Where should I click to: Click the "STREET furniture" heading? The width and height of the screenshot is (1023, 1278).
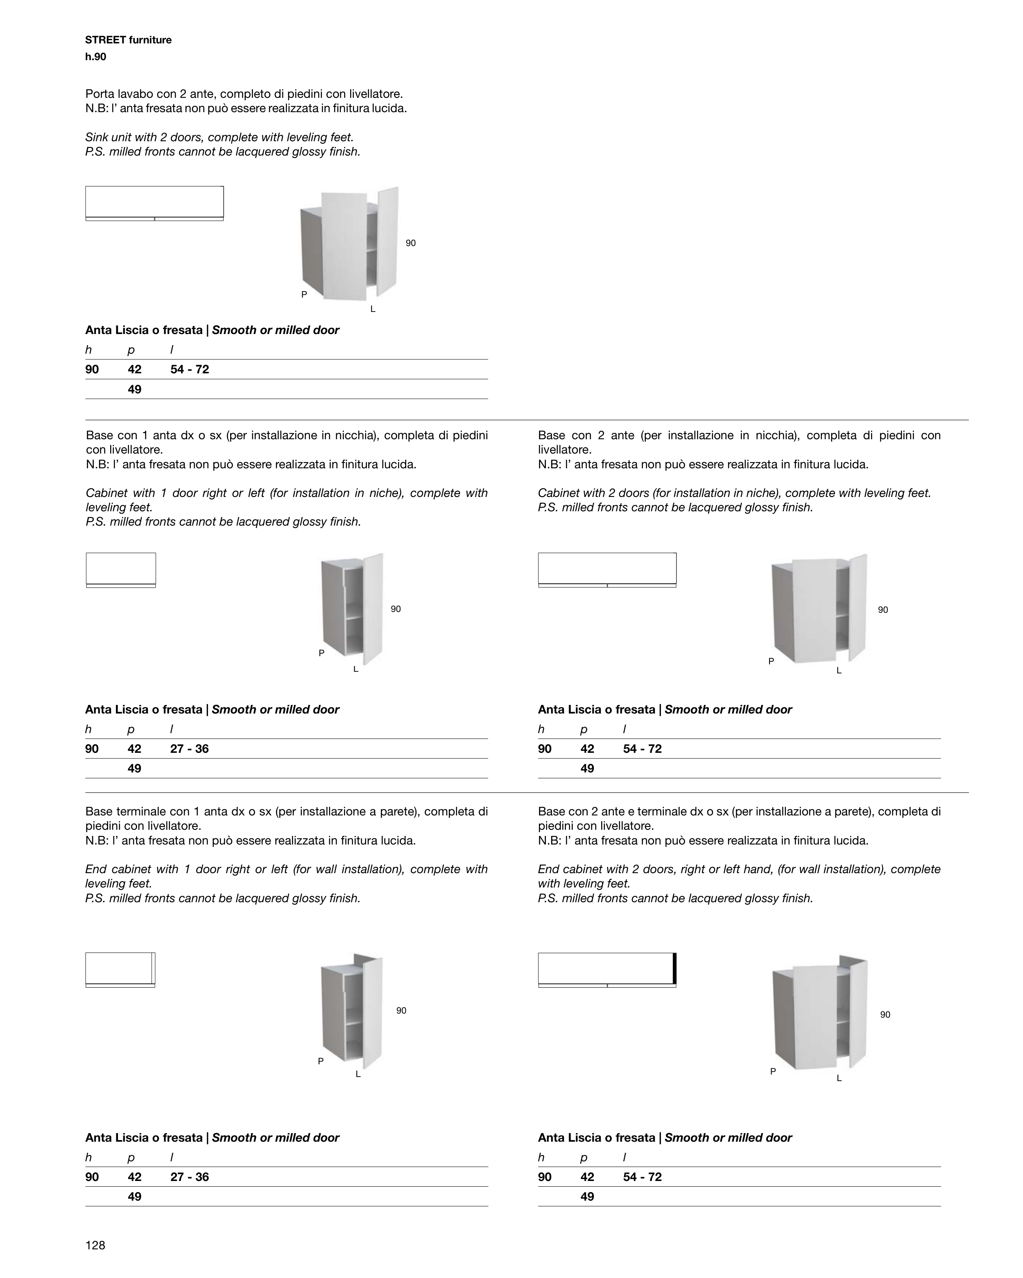coord(128,40)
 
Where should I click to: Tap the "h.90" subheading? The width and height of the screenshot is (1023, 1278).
coord(95,57)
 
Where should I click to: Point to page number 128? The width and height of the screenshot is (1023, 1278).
coord(95,1245)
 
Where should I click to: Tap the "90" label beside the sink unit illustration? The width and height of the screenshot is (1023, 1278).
coord(410,243)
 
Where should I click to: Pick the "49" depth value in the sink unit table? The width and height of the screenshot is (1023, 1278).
coord(135,389)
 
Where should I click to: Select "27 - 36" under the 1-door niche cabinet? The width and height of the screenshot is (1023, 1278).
coord(189,749)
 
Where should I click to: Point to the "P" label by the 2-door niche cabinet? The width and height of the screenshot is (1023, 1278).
coord(771,661)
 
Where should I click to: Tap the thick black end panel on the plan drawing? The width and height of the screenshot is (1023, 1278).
coord(674,968)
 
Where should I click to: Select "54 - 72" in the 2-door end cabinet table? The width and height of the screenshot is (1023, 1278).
coord(642,1176)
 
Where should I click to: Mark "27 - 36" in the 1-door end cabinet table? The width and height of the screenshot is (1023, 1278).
coord(189,1176)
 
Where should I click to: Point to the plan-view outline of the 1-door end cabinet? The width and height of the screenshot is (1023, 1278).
coord(120,969)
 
